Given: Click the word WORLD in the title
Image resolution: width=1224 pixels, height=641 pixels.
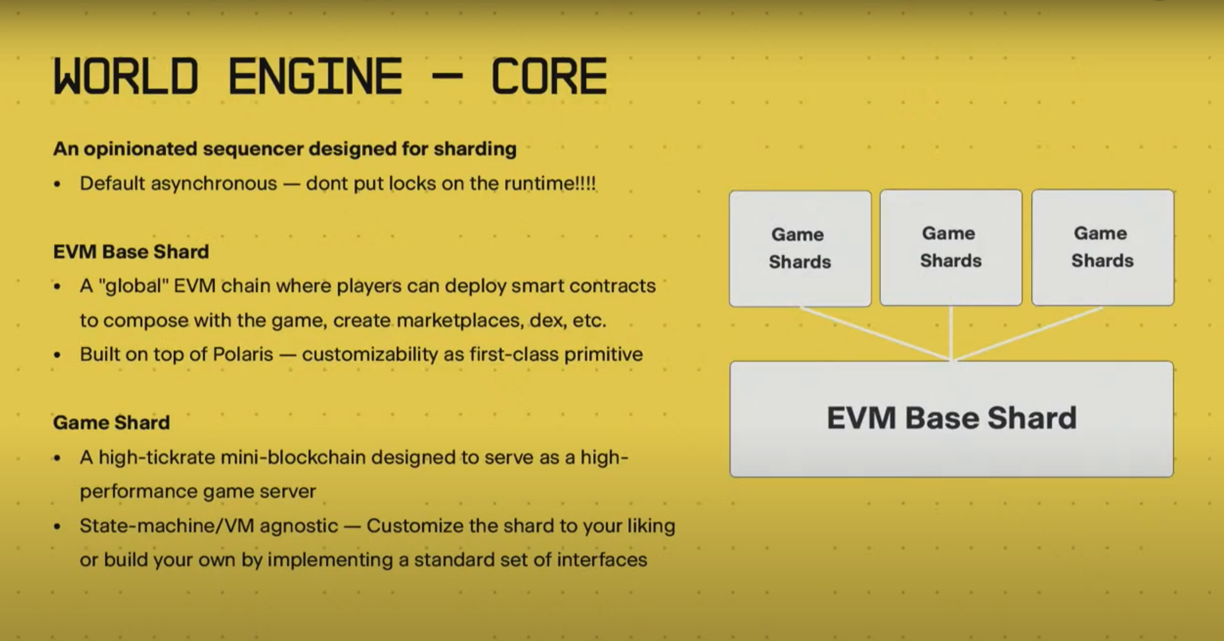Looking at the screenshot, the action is (x=126, y=76).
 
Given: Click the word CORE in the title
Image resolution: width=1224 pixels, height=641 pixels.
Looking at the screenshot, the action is (x=549, y=76).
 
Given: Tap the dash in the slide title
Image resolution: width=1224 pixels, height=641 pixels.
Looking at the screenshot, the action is (x=447, y=76).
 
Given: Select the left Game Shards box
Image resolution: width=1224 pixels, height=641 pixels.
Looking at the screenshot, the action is (x=800, y=248).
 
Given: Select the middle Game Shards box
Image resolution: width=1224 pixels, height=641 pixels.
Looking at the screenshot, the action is (x=951, y=247).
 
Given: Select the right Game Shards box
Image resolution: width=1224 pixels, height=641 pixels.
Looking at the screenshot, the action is (x=1103, y=247).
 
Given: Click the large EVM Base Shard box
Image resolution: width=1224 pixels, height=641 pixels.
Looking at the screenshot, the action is (x=952, y=419).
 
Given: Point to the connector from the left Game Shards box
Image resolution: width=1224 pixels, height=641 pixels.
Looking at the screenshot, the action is (x=875, y=334).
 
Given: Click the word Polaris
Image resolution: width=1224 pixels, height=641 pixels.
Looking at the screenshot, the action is (x=243, y=354).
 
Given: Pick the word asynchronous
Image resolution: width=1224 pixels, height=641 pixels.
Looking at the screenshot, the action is (x=214, y=184).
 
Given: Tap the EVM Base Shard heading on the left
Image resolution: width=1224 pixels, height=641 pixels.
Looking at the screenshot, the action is (x=131, y=251).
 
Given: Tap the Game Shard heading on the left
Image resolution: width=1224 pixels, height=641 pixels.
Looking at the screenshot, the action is (x=112, y=422).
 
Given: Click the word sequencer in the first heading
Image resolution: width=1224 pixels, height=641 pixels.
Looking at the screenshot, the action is (x=253, y=149).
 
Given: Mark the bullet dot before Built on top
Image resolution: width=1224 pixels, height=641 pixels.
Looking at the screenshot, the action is (x=57, y=355).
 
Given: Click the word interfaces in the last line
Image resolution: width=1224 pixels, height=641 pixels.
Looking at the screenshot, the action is (x=602, y=560).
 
